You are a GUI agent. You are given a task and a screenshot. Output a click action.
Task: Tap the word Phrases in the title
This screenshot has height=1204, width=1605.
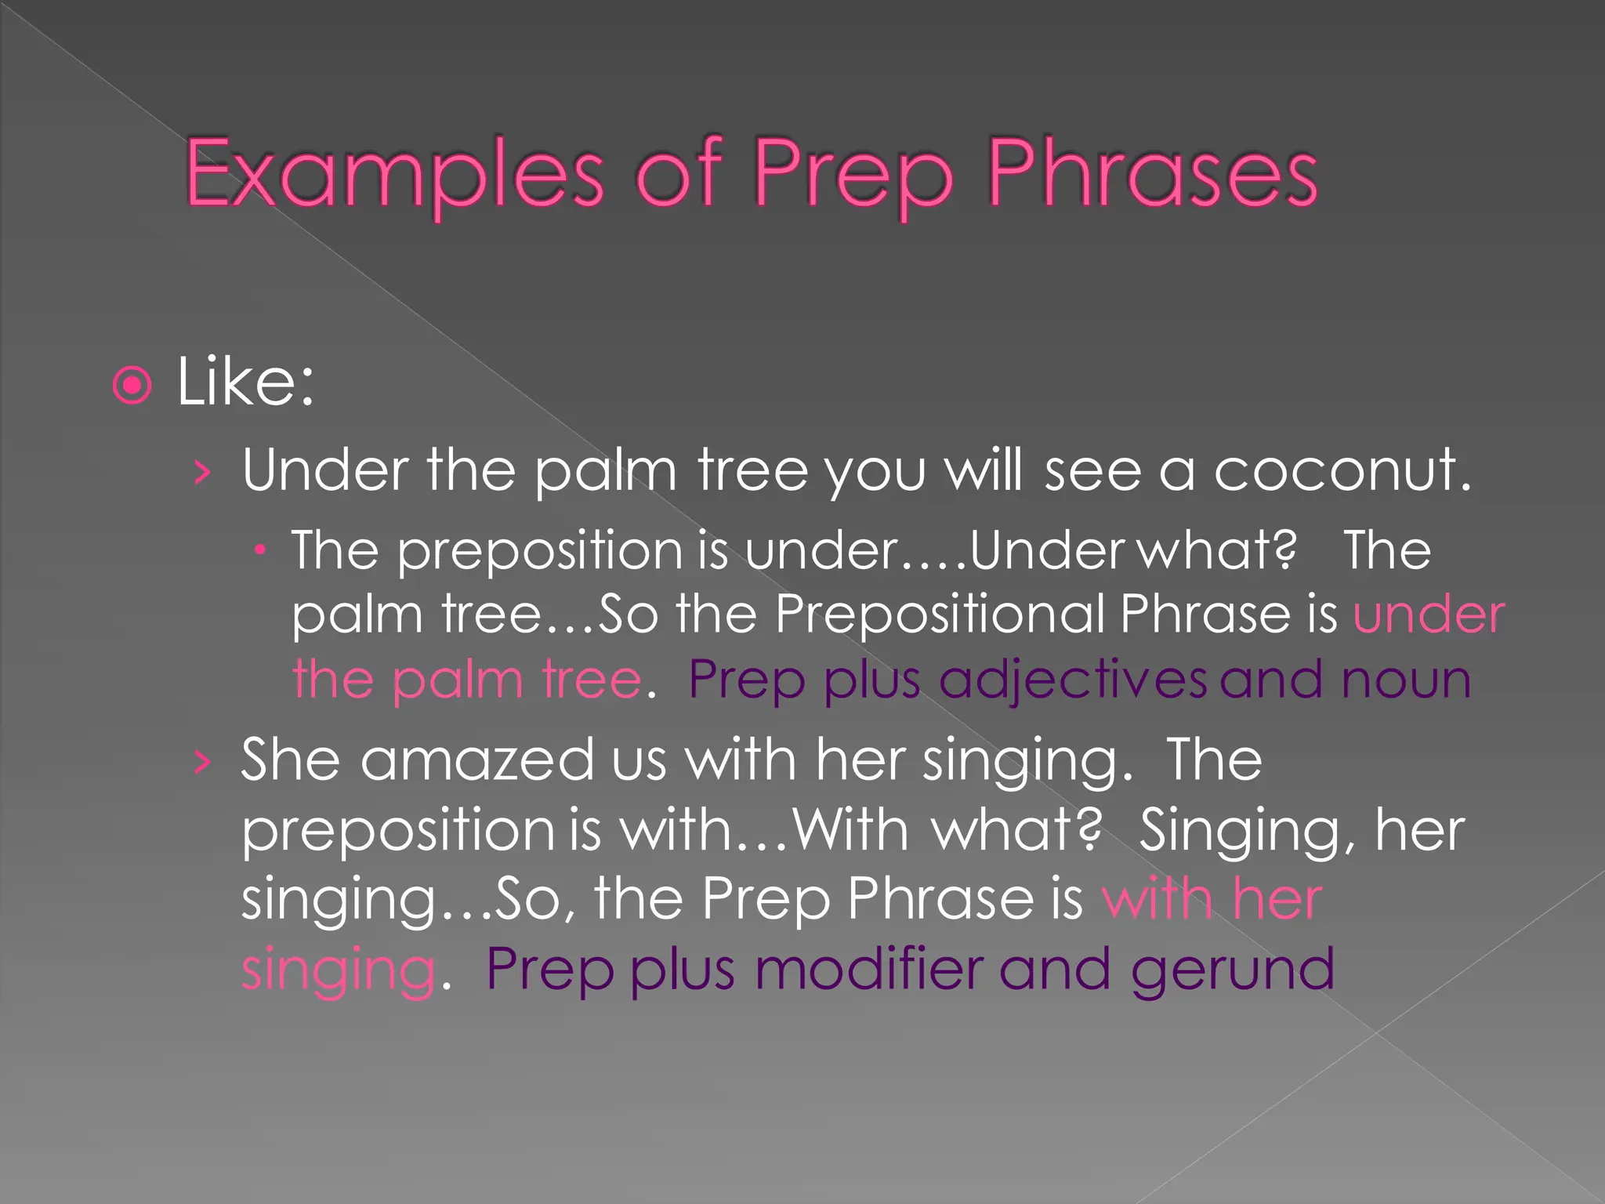pyautogui.click(x=1152, y=174)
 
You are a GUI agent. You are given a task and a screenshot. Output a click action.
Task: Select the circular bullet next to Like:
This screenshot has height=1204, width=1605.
pyautogui.click(x=132, y=385)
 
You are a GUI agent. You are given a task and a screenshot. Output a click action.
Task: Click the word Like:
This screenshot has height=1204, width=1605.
pyautogui.click(x=245, y=383)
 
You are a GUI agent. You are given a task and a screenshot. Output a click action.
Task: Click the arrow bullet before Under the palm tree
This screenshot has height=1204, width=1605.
pyautogui.click(x=203, y=473)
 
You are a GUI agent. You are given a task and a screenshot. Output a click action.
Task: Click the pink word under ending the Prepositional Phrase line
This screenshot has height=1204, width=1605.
pyautogui.click(x=1428, y=614)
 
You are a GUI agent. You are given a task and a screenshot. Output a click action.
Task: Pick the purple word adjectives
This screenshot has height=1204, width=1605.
pyautogui.click(x=1073, y=680)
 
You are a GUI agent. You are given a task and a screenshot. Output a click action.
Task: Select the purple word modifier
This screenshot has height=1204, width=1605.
pyautogui.click(x=868, y=970)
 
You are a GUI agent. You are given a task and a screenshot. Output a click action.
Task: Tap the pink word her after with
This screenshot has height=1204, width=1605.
pyautogui.click(x=1277, y=899)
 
